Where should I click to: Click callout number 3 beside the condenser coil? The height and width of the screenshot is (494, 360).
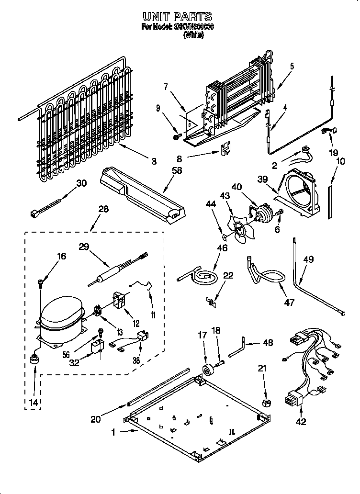153,161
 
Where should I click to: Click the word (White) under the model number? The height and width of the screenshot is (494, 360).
193,36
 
